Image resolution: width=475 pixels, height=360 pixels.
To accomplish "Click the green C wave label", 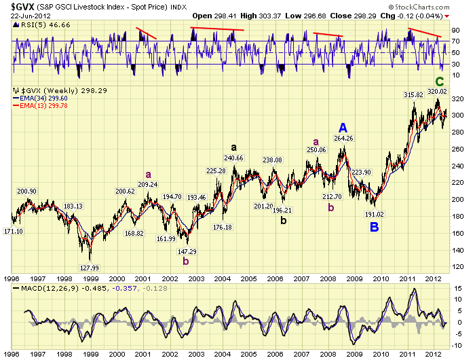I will [x=439, y=82].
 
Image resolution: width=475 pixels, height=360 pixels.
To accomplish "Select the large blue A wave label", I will [x=343, y=128].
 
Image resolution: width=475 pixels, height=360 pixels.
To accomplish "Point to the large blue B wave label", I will [x=374, y=226].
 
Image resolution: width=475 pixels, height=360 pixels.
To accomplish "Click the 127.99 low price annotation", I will [x=88, y=267].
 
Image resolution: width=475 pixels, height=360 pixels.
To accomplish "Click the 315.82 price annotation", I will [x=413, y=94].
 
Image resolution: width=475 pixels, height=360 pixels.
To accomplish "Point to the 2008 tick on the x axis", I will [x=328, y=278].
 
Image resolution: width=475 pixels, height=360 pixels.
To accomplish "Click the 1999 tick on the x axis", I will [x=91, y=278].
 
